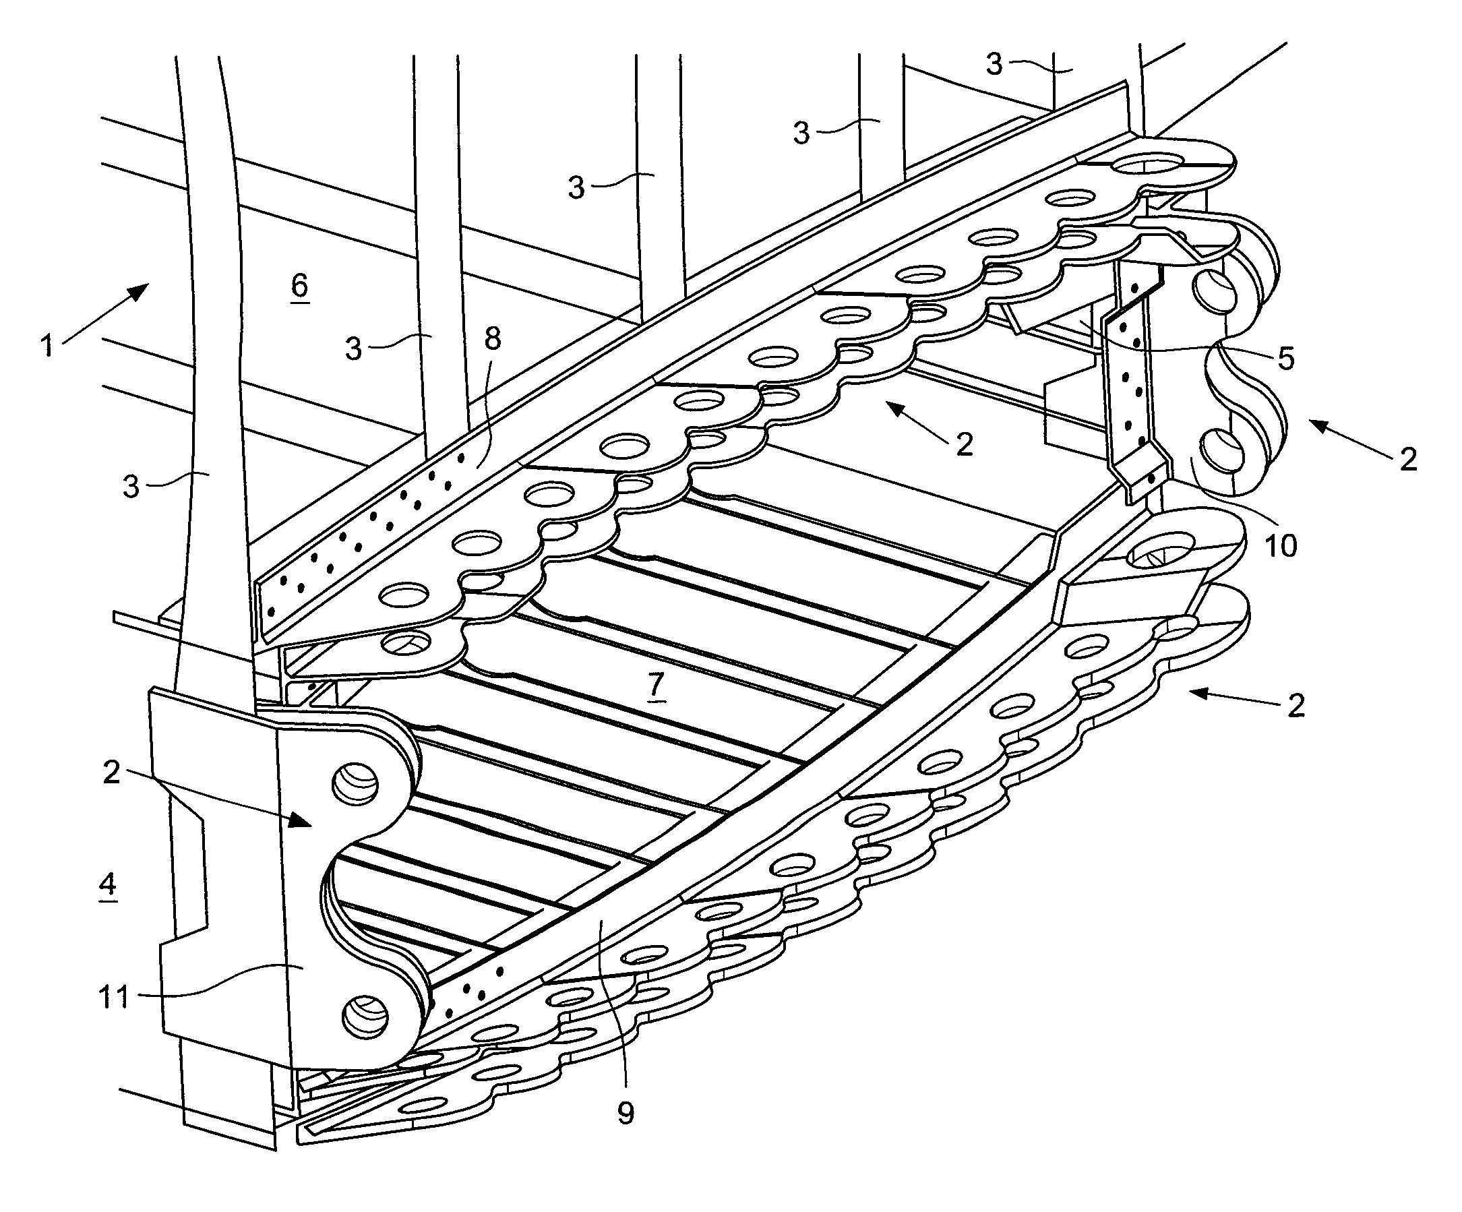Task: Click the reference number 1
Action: (x=47, y=346)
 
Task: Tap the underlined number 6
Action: (x=299, y=284)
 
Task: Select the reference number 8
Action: (x=492, y=339)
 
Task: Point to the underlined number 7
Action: (x=657, y=686)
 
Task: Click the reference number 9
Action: (x=626, y=1113)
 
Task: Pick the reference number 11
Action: (x=114, y=998)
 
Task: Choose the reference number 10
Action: (x=1280, y=546)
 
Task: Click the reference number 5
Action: (x=1286, y=358)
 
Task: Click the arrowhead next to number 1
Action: (x=140, y=291)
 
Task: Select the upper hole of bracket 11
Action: (x=356, y=783)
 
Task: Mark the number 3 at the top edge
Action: (x=994, y=64)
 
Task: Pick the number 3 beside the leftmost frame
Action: (x=131, y=486)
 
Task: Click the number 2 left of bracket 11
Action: (x=111, y=772)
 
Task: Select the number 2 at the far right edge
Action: (x=1407, y=459)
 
